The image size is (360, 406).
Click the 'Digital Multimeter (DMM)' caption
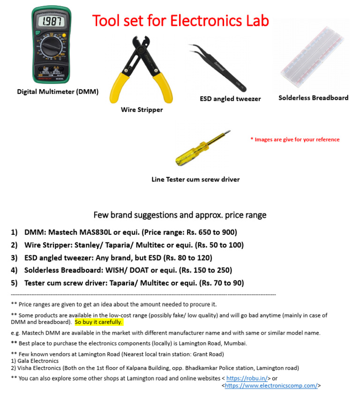pyautogui.click(x=58, y=92)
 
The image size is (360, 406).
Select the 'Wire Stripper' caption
pyautogui.click(x=142, y=110)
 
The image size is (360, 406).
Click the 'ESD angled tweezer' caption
pyautogui.click(x=230, y=99)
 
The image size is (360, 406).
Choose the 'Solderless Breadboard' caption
pyautogui.click(x=313, y=98)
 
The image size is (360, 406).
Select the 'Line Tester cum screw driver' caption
pyautogui.click(x=195, y=180)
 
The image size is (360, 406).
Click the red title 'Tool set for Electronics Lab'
pyautogui.click(x=180, y=21)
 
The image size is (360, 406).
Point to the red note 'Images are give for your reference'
pyautogui.click(x=295, y=139)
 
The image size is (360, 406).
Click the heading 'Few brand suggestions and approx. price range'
pyautogui.click(x=180, y=215)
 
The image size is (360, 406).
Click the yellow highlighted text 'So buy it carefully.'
pyautogui.click(x=98, y=323)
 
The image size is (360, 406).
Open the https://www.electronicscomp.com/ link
pyautogui.click(x=271, y=385)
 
